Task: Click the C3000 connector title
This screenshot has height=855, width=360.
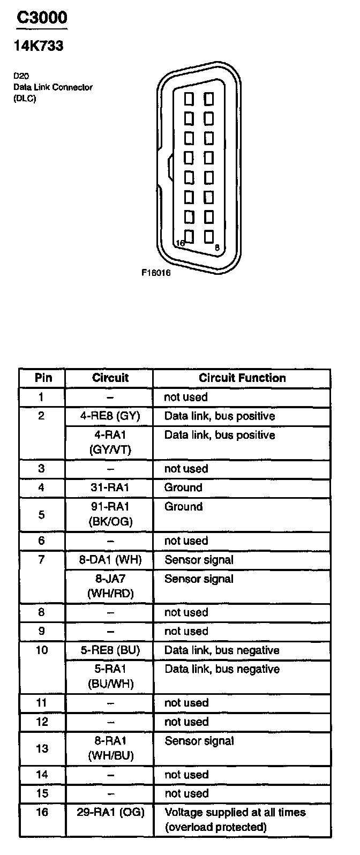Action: pos(42,18)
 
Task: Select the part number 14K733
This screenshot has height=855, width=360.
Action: pos(38,47)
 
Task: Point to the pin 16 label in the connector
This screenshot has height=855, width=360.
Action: pos(181,243)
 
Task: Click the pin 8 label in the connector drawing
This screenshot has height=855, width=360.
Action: pos(216,247)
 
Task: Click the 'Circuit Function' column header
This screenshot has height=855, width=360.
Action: pos(242,378)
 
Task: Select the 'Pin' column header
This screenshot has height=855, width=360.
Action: pos(43,378)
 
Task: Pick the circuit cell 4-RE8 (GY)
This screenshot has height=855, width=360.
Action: pos(110,416)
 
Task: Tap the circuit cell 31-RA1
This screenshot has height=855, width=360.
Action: pos(110,487)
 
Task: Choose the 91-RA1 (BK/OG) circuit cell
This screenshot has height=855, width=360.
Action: pos(110,514)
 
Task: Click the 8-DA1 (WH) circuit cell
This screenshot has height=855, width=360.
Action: pos(110,560)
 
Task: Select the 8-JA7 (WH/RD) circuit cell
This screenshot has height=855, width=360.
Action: pos(110,586)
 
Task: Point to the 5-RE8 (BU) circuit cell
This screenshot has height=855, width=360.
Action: pos(110,650)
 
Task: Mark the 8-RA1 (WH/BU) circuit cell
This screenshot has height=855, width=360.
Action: pos(110,748)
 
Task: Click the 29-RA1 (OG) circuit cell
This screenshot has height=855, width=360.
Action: pos(110,812)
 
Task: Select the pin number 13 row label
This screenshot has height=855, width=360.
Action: pos(42,748)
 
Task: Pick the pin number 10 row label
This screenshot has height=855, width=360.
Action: pos(42,650)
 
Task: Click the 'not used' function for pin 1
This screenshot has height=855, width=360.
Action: pos(185,397)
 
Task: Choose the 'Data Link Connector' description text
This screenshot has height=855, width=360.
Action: pos(53,87)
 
